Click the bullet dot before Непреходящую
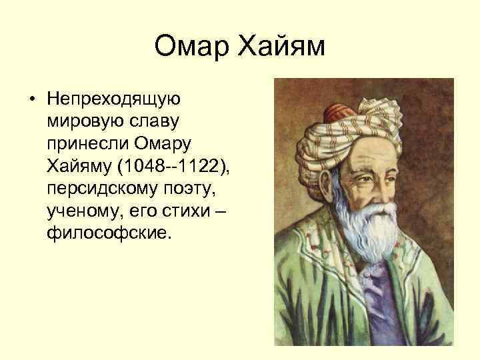click(x=31, y=99)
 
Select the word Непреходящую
click(x=110, y=99)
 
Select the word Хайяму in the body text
click(x=79, y=167)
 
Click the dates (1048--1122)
click(x=173, y=167)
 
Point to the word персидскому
click(x=99, y=189)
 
